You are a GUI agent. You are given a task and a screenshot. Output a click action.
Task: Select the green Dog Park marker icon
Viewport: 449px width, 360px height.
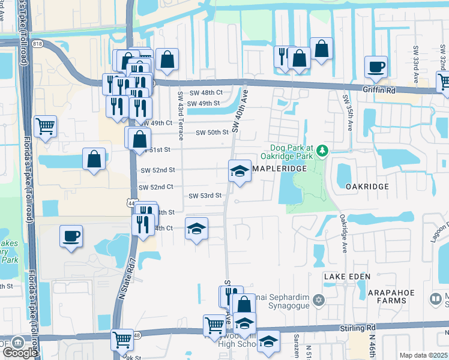(x=323, y=150)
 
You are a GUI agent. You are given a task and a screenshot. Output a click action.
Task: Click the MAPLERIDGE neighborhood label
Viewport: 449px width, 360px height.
(x=279, y=169)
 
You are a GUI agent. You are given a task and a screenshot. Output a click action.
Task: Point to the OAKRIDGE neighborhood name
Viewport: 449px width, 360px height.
(x=367, y=187)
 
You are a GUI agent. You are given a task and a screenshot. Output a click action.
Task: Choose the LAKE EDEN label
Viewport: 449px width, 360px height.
(x=346, y=276)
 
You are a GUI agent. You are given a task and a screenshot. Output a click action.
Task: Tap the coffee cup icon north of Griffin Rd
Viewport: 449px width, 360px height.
(x=376, y=67)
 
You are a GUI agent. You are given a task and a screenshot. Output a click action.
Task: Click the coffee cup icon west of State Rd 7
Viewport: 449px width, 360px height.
(x=71, y=235)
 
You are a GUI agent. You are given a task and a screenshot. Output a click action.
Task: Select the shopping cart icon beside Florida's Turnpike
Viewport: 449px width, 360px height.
(x=45, y=127)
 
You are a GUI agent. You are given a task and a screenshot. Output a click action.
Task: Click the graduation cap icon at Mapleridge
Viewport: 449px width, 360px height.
(x=240, y=170)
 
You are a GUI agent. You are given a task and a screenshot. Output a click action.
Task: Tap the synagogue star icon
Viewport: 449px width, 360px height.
(x=319, y=299)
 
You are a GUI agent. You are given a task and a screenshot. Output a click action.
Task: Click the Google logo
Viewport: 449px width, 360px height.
(x=20, y=352)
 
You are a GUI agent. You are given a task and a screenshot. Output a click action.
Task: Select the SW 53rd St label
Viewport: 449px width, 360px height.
(x=205, y=196)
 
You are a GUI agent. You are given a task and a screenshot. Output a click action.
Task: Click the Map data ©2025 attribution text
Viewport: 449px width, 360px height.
(x=424, y=355)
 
